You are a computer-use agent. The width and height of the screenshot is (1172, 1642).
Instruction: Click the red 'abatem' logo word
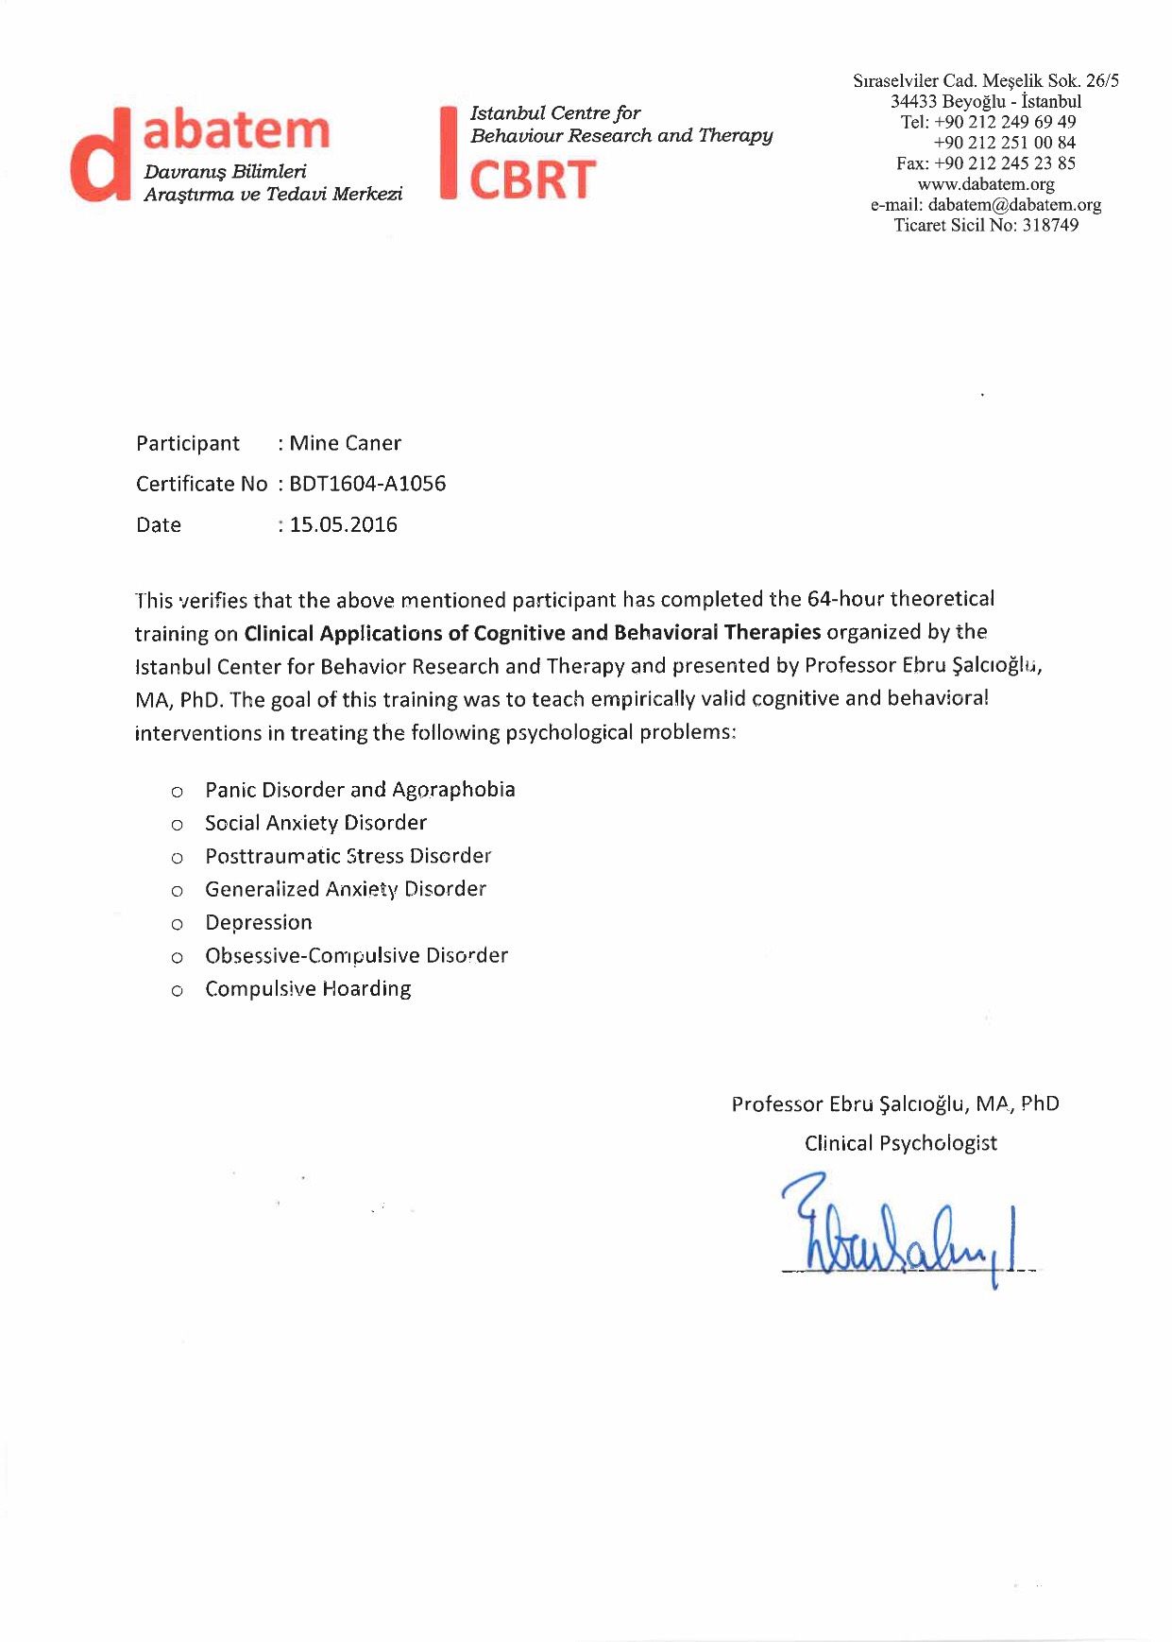point(236,131)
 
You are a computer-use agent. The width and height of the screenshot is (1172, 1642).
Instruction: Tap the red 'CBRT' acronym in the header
point(533,180)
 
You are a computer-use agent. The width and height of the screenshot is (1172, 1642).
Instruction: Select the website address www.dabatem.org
point(986,184)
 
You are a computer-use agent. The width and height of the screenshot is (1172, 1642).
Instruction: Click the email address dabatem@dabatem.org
point(1014,205)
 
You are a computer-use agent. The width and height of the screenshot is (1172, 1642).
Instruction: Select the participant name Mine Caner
point(346,443)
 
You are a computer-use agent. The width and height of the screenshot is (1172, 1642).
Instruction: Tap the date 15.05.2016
point(344,525)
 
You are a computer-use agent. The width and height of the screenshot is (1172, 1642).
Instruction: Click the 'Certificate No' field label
point(201,485)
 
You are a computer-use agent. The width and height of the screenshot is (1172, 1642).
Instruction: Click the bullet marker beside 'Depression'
point(177,925)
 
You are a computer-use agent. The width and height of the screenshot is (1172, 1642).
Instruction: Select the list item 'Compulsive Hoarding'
point(308,989)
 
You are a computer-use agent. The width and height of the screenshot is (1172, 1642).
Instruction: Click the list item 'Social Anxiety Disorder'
point(315,823)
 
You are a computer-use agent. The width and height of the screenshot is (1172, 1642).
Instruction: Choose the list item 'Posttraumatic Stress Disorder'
point(348,856)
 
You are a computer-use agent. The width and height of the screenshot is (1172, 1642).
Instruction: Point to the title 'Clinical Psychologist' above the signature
point(900,1143)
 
